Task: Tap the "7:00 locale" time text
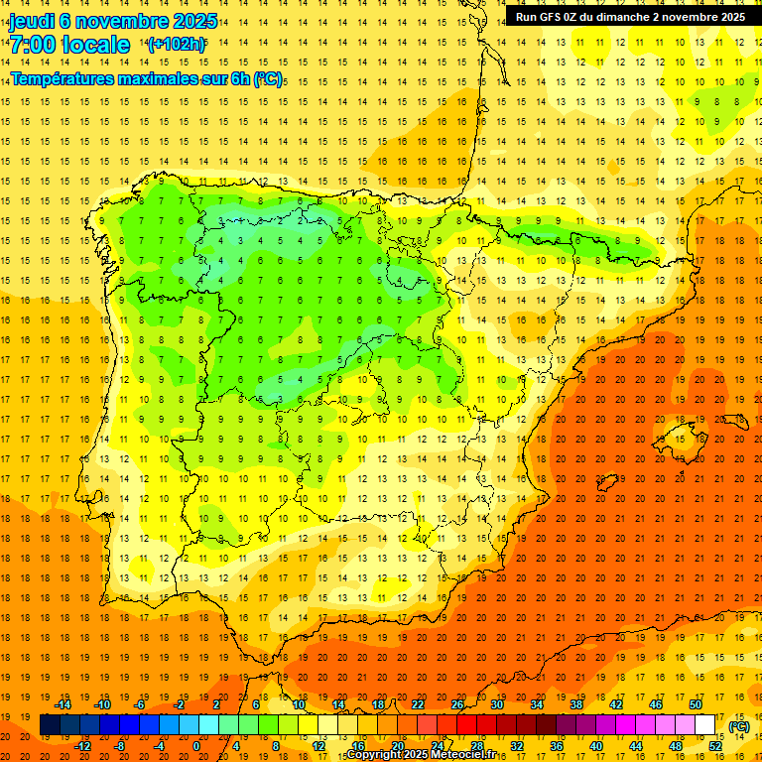(x=69, y=45)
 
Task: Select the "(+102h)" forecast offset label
(x=177, y=45)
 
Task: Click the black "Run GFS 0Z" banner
(x=630, y=17)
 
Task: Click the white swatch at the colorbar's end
(x=705, y=725)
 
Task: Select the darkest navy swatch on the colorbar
(x=50, y=725)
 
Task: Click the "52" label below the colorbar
(x=715, y=745)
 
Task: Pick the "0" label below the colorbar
(x=196, y=745)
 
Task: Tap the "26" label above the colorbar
(x=456, y=704)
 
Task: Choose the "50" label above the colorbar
(x=696, y=704)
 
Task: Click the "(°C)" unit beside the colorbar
(x=739, y=726)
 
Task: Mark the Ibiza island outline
(x=606, y=483)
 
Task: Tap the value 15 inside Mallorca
(x=680, y=439)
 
